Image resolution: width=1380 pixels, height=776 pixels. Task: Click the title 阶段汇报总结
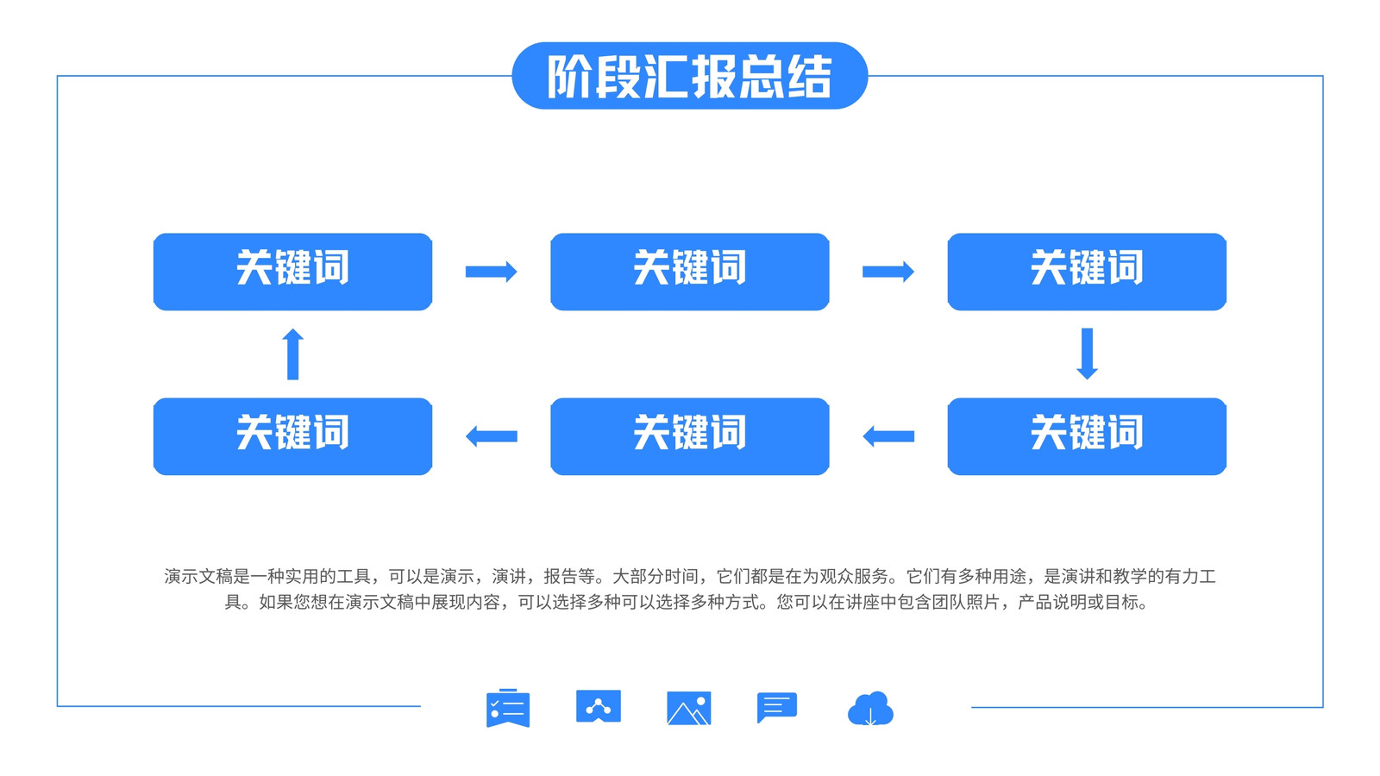689,77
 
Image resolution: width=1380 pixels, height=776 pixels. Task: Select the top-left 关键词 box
292,272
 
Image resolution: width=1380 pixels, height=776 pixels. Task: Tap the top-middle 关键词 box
690,272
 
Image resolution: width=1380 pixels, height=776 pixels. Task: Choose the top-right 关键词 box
1087,272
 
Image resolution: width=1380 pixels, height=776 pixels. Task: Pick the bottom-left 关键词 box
292,436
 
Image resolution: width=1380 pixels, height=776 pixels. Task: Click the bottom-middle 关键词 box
690,436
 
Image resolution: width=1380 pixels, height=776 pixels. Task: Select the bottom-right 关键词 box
1087,436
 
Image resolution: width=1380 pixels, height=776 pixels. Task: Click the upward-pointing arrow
292,354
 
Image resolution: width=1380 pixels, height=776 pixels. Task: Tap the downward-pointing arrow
1087,354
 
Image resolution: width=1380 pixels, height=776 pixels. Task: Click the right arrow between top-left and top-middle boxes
491,272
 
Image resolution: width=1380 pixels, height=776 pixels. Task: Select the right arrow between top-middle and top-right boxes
888,272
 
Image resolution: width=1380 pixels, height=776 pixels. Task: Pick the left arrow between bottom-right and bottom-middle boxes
888,436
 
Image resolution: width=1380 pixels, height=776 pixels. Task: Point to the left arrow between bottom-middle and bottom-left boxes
491,436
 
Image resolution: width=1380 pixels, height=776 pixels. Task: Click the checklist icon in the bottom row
508,708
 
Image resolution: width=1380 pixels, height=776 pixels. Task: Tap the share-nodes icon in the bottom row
599,706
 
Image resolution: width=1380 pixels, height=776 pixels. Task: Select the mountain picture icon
689,708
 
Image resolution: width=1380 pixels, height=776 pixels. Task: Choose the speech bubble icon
777,707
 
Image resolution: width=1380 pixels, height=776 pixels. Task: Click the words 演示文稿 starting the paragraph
198,577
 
